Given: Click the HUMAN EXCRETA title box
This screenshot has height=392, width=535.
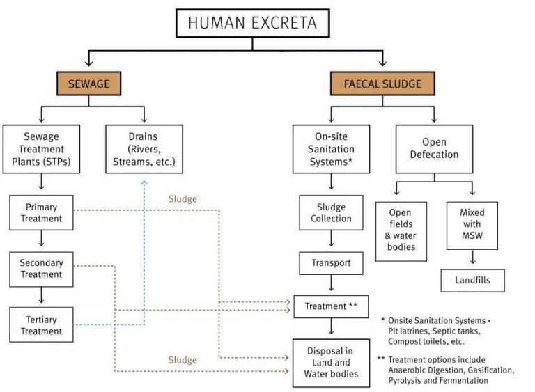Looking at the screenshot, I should (252, 24).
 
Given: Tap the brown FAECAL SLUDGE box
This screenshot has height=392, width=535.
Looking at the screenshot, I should (382, 84).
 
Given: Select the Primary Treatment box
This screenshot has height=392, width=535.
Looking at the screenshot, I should (41, 213).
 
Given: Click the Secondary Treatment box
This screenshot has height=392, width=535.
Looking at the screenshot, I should (41, 269).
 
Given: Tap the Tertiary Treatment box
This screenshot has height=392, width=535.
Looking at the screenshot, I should (41, 325).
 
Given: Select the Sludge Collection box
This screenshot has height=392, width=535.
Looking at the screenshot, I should (331, 213).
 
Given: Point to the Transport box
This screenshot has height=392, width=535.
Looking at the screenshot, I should (331, 264).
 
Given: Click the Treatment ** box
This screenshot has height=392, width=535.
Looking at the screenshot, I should (331, 306).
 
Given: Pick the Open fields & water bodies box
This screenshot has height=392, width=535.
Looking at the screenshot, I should (401, 230).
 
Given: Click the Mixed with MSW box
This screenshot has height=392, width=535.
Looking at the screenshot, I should (472, 225).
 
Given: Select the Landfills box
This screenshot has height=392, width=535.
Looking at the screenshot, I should (472, 280).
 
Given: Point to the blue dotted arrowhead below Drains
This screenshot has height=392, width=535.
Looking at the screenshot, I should (144, 181).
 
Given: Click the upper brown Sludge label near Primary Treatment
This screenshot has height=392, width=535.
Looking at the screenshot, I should (183, 199).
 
